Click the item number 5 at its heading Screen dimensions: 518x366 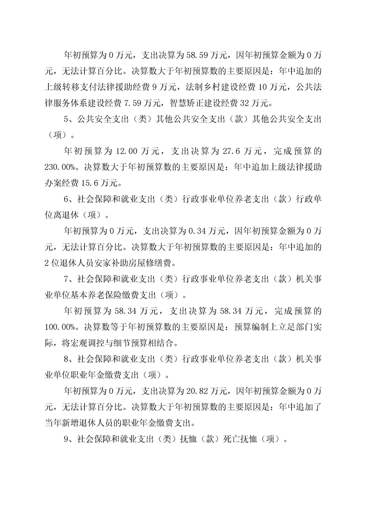tap(66, 119)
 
